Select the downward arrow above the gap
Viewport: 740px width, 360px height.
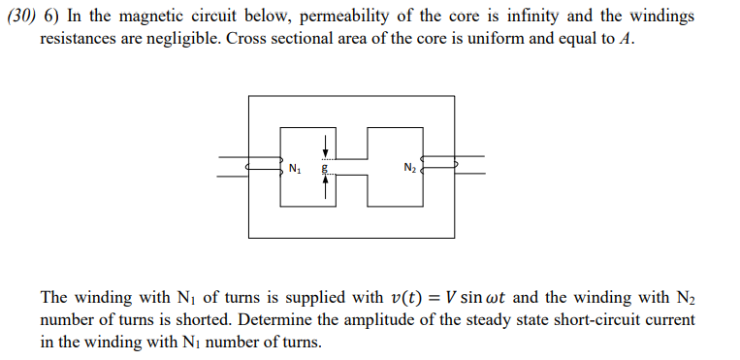[x=326, y=147]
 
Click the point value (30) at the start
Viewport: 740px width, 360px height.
[x=21, y=19]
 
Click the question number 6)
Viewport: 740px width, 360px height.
[x=52, y=19]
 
